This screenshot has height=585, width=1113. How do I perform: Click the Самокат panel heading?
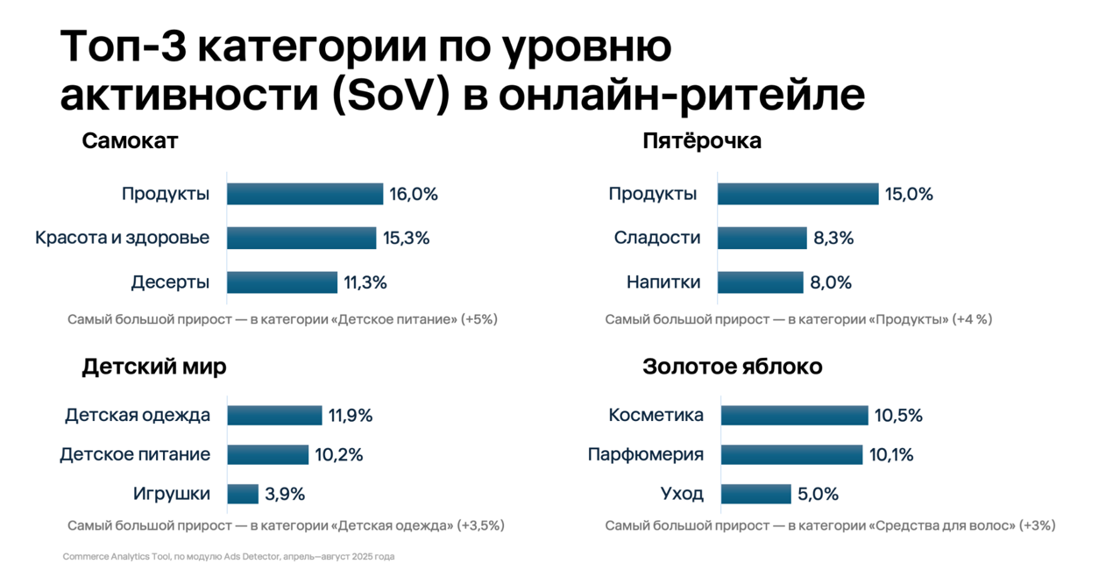(130, 141)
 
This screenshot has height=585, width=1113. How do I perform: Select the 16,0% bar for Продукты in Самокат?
(305, 194)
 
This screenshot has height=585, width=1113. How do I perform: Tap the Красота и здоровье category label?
(122, 238)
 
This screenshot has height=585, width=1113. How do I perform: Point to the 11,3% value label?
(365, 282)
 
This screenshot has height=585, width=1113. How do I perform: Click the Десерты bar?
(282, 282)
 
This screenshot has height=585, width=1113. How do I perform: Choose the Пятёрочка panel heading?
(701, 141)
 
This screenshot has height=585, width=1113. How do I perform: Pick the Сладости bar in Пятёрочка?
(762, 238)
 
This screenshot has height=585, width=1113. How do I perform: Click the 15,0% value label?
(909, 194)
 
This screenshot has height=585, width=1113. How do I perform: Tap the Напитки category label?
(663, 282)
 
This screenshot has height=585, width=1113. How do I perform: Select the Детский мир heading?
(154, 367)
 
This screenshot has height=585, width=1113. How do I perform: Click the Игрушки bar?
(243, 494)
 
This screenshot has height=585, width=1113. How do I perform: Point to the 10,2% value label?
(339, 454)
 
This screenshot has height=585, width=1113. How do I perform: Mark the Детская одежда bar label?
(138, 415)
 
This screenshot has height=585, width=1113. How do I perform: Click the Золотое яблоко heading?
(733, 367)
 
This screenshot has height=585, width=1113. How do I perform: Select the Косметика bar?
(794, 415)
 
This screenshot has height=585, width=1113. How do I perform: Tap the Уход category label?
(682, 494)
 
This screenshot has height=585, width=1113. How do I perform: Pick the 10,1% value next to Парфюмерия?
(892, 454)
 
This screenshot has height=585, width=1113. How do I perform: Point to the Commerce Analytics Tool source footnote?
(229, 557)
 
